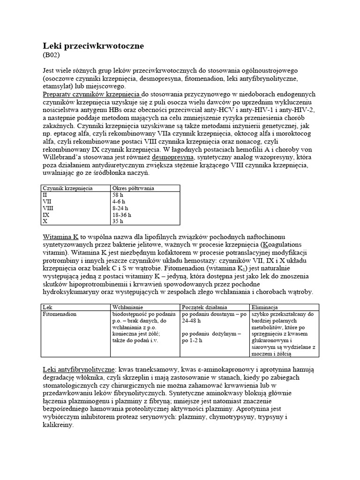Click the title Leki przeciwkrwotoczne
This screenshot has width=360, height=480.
tap(93, 46)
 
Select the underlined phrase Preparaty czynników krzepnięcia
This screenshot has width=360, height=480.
tap(91, 94)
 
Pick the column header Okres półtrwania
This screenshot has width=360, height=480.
tap(134, 188)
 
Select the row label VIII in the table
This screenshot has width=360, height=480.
tap(49, 208)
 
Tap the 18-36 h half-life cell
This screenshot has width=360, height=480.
tap(121, 214)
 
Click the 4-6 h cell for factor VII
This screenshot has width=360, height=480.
tap(119, 201)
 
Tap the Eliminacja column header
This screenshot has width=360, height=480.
tap(266, 307)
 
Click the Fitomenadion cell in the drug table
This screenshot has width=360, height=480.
tap(60, 314)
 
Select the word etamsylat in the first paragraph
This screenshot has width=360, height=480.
tap(58, 86)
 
